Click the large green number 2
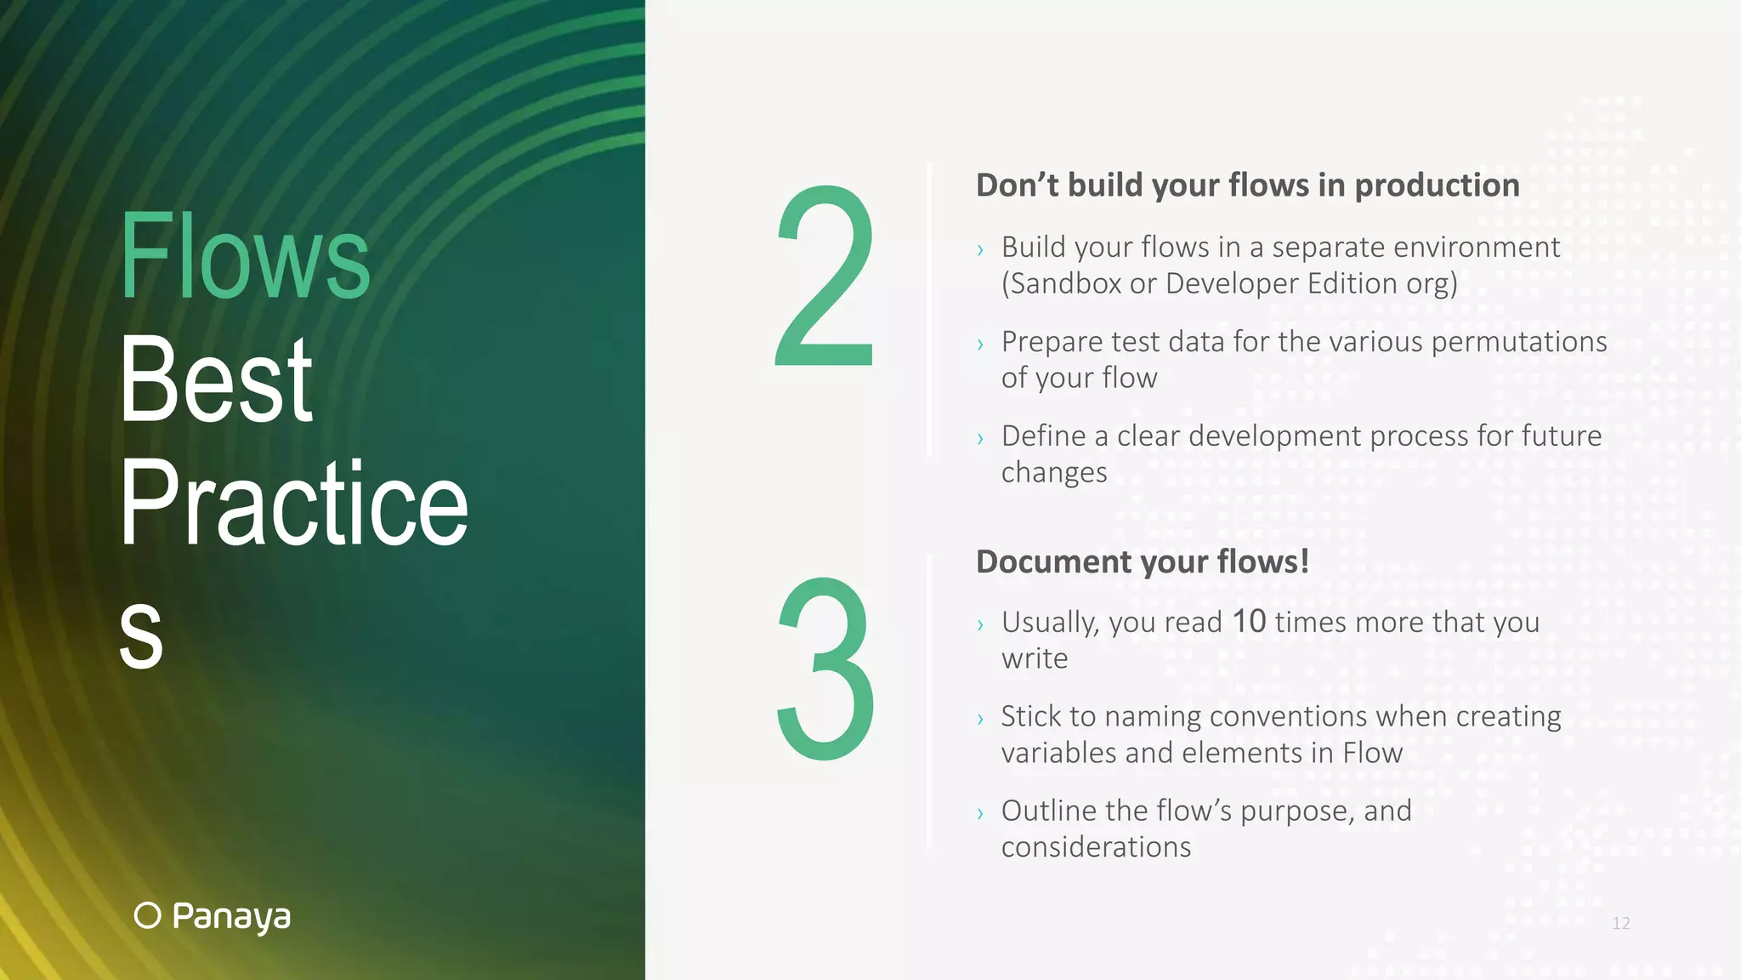coord(824,277)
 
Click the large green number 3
coord(825,669)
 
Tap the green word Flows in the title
coord(245,257)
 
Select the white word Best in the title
coord(216,379)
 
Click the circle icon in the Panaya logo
coord(147,915)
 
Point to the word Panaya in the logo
coord(231,916)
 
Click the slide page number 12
coord(1620,923)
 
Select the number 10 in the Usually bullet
coord(1249,621)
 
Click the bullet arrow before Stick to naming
coord(980,720)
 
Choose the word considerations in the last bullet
coord(1096,847)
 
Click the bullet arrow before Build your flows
coord(980,250)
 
